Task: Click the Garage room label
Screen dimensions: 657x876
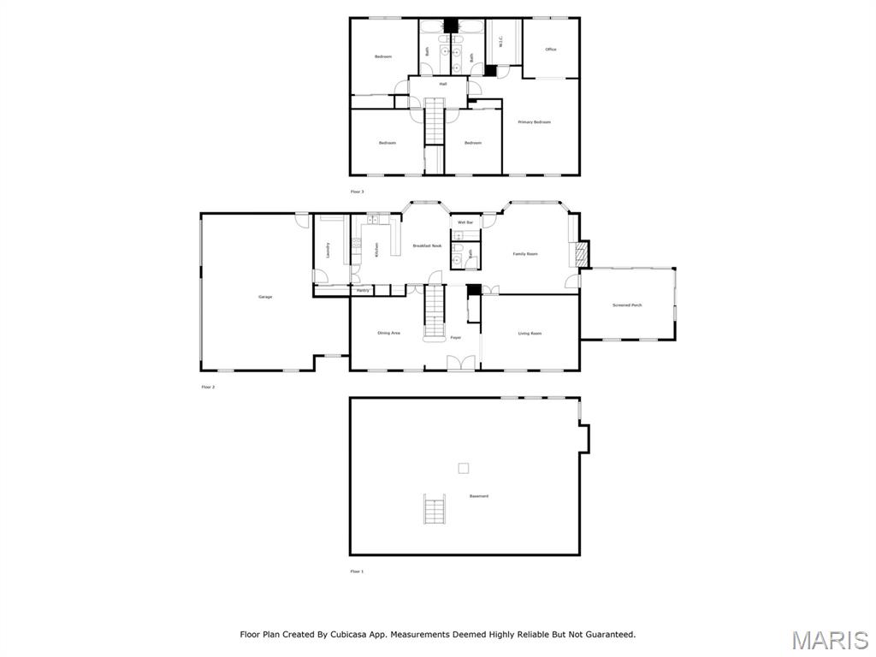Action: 265,297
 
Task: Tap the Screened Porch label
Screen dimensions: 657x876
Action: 627,305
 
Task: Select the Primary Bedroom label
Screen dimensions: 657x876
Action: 535,122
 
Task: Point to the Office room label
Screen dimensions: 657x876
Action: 551,50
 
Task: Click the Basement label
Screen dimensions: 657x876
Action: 479,496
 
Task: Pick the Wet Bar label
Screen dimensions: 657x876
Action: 465,222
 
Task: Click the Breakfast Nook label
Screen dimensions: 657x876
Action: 427,246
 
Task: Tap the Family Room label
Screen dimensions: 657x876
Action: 525,254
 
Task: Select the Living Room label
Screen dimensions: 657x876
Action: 530,334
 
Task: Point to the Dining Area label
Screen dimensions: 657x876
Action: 389,333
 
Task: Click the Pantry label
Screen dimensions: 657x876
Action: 363,291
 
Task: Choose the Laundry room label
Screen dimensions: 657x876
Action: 328,250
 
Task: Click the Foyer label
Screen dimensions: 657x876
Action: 456,338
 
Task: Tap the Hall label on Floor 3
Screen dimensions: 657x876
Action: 443,84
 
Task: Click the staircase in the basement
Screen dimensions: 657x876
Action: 435,510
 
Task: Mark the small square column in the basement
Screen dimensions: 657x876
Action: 464,468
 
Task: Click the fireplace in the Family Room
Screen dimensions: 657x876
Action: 581,253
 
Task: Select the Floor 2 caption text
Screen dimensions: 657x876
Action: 208,388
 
